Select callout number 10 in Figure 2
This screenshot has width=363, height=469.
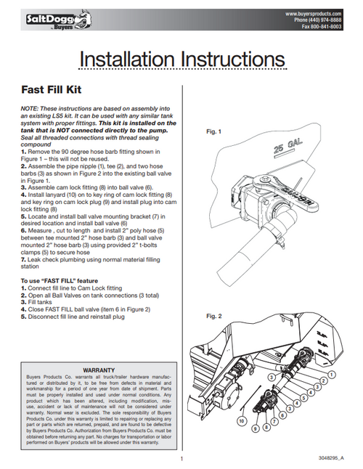(x=242, y=420)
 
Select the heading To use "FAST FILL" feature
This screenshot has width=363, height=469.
(x=62, y=280)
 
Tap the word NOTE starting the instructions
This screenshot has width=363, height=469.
(x=30, y=107)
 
